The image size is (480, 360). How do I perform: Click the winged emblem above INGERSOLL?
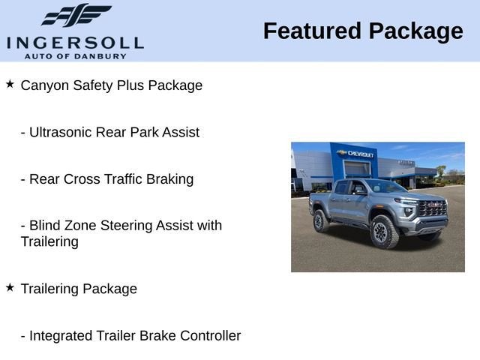[76, 15]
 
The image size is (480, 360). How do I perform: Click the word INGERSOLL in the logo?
[75, 43]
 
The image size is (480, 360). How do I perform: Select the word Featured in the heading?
[312, 31]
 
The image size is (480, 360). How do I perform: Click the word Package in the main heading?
[416, 32]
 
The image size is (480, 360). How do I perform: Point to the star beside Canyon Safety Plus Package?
[10, 84]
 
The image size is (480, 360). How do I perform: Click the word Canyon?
[45, 85]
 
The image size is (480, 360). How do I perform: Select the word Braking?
[170, 180]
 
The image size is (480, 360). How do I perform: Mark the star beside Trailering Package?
[10, 287]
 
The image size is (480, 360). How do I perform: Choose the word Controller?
[211, 335]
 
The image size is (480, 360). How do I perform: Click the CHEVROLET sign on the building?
[356, 153]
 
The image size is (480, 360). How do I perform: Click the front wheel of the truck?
[384, 232]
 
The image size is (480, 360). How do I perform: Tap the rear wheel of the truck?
[321, 220]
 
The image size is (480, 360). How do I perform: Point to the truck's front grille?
[432, 208]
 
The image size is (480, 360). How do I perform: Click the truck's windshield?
[385, 186]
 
